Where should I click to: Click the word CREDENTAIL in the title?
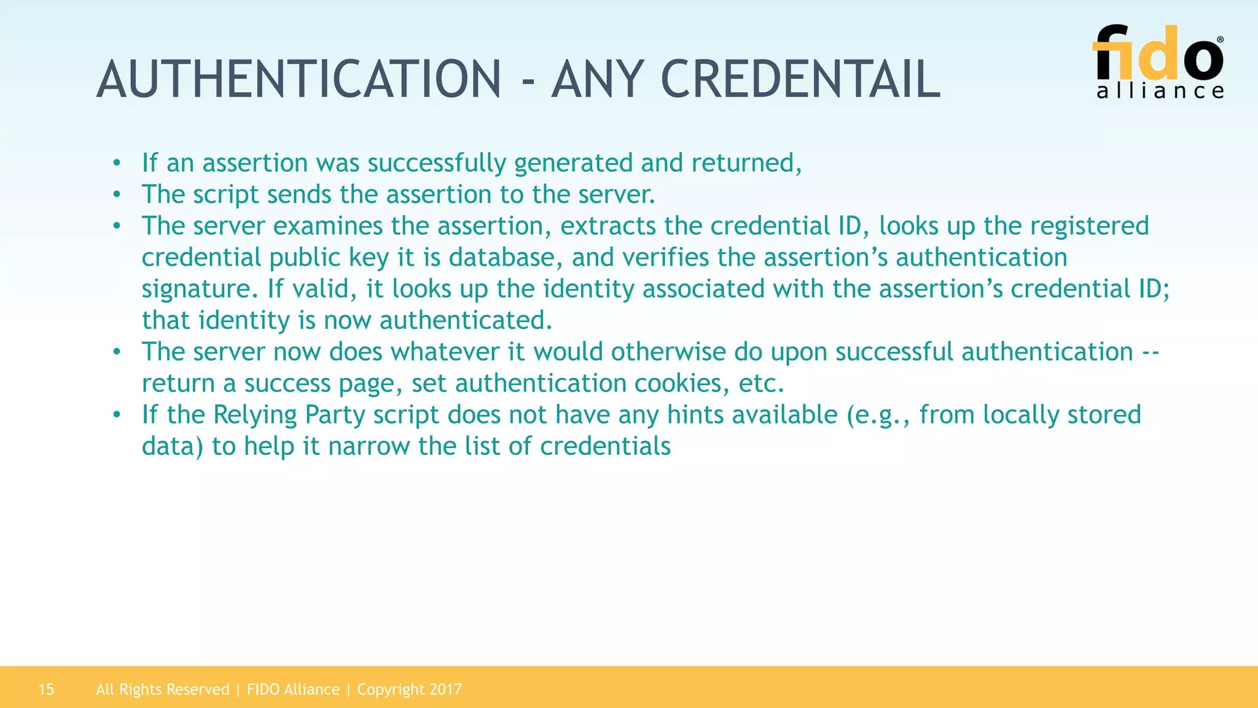coord(800,79)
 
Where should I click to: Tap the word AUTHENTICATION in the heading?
coord(299,79)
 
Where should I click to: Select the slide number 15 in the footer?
coord(46,690)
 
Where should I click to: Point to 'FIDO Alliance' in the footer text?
coord(293,690)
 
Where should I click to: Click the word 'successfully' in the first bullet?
coord(437,163)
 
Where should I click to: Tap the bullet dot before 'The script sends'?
coord(117,195)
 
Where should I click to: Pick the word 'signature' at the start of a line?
coord(196,289)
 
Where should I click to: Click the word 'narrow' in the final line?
coord(369,447)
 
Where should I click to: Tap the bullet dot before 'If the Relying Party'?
coord(117,415)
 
